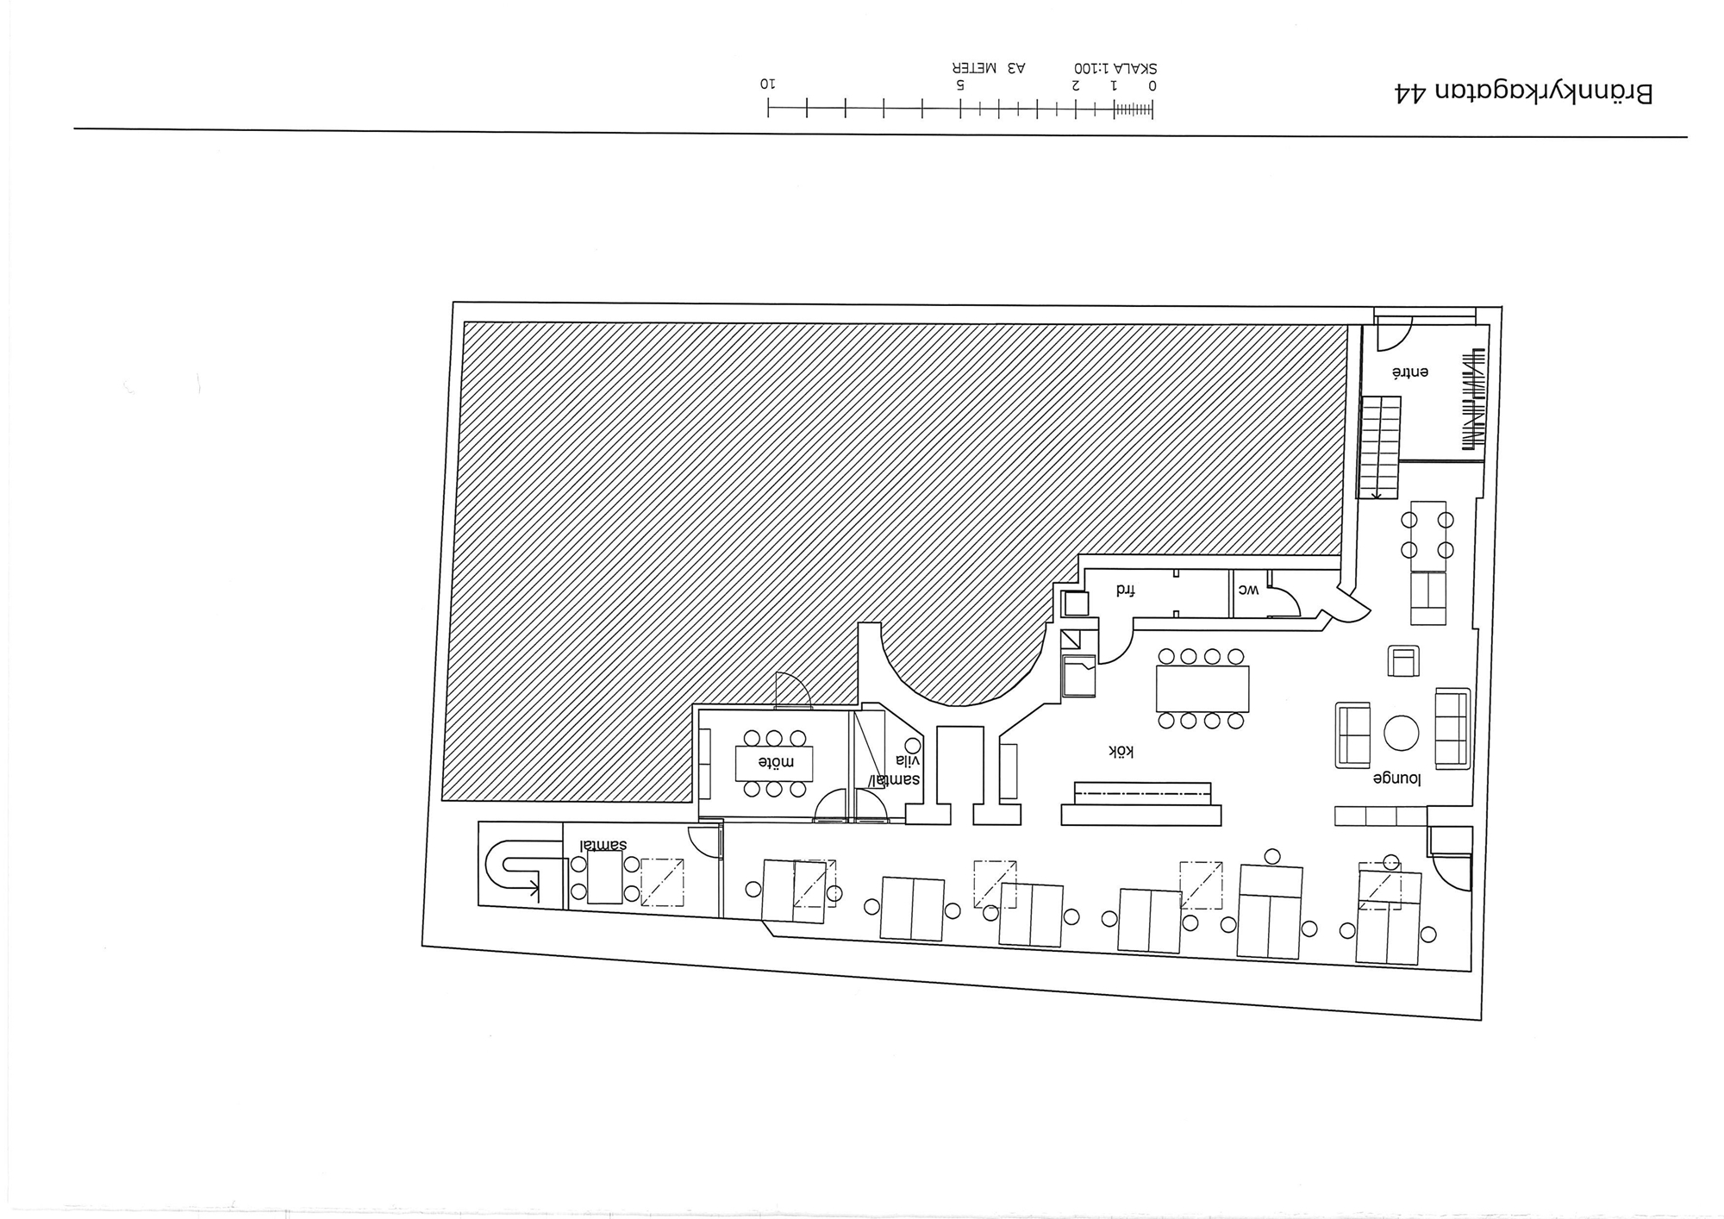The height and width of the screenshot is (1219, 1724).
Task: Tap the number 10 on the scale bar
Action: point(767,84)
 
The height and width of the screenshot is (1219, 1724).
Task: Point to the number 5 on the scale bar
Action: point(960,84)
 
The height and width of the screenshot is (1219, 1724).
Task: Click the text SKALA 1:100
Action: point(1115,67)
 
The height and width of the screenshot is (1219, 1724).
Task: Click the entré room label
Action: point(1410,372)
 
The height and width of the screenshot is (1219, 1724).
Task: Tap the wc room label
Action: point(1249,590)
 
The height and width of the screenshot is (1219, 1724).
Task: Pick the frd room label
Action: point(1126,591)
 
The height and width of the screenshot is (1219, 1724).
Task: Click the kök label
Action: point(1121,752)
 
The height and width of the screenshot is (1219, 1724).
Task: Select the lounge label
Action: point(1396,778)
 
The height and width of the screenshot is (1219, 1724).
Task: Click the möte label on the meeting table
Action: point(774,762)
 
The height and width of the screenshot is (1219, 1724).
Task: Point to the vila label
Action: point(908,760)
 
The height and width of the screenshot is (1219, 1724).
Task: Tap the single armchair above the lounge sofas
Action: point(1403,661)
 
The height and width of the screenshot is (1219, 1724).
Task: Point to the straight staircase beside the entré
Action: point(1380,447)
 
